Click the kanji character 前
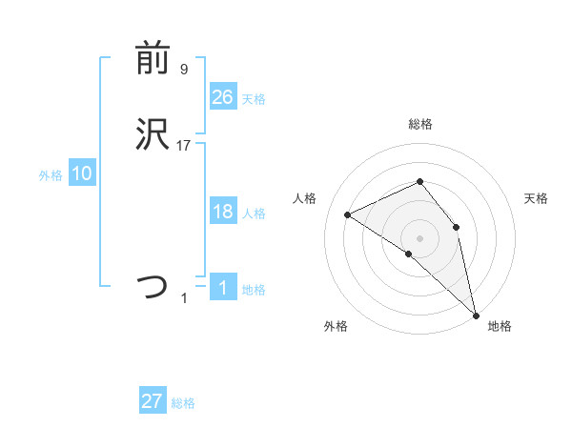click(x=153, y=60)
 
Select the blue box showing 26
click(x=222, y=96)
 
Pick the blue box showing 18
click(x=222, y=212)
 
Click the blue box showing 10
click(x=82, y=173)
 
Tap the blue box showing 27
click(x=153, y=401)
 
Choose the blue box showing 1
click(x=222, y=288)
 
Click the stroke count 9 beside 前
click(x=184, y=70)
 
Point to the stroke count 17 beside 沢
click(x=184, y=146)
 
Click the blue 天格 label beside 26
click(x=254, y=98)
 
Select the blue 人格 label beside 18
click(x=254, y=214)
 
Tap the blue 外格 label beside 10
click(x=51, y=175)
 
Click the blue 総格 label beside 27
click(x=184, y=403)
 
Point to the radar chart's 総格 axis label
click(x=419, y=124)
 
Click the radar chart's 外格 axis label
click(x=336, y=326)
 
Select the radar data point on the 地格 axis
click(x=476, y=314)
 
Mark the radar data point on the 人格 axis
click(x=348, y=214)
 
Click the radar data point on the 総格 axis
click(x=419, y=181)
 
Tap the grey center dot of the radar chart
click(x=419, y=237)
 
